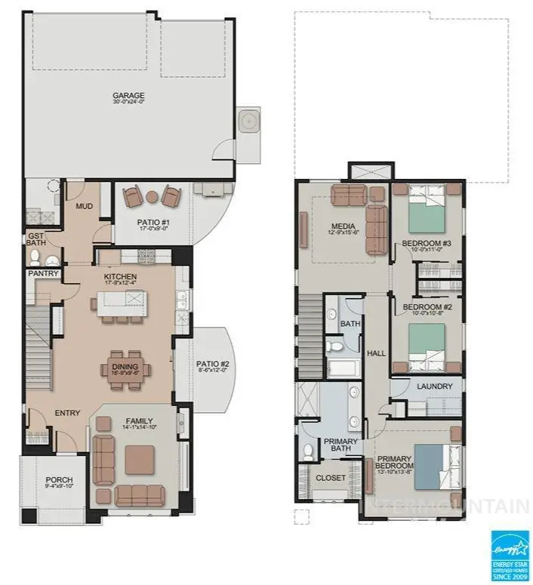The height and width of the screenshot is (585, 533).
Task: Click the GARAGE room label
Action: pos(128,96)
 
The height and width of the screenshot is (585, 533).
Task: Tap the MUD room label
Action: pos(83,205)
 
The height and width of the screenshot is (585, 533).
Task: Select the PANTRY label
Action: pos(43,273)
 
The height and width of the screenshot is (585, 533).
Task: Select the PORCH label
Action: pos(60,480)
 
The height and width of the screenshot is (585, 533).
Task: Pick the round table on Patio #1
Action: pos(152,198)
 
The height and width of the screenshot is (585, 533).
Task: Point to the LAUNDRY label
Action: pos(434,387)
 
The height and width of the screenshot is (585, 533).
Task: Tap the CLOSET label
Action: pos(330,478)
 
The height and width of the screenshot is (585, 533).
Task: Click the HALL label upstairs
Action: pos(375,353)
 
